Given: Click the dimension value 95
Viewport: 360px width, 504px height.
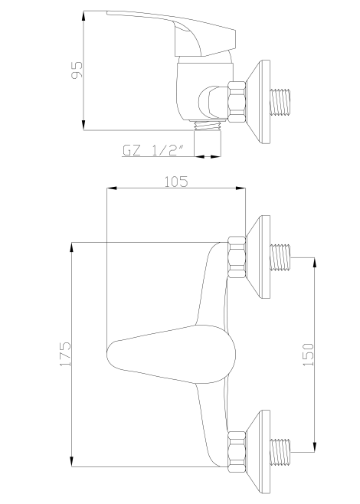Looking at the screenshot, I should [x=77, y=70].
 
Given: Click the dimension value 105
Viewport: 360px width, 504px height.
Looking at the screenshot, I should [x=177, y=181].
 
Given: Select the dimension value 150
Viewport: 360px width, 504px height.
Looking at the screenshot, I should [x=308, y=354].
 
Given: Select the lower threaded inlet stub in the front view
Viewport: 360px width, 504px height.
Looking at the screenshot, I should [x=283, y=450].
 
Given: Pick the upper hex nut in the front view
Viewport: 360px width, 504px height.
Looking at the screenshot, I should [x=237, y=257].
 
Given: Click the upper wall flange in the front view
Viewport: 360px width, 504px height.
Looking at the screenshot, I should [x=260, y=257].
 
